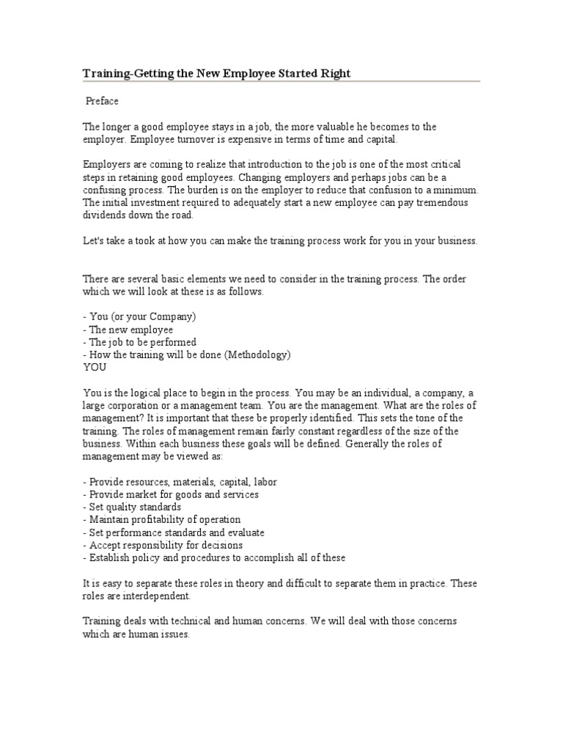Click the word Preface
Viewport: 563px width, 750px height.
pyautogui.click(x=103, y=101)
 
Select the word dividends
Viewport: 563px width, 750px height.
pyautogui.click(x=106, y=215)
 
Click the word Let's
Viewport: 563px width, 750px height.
pyautogui.click(x=94, y=241)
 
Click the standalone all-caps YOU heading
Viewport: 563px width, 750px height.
pyautogui.click(x=95, y=368)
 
